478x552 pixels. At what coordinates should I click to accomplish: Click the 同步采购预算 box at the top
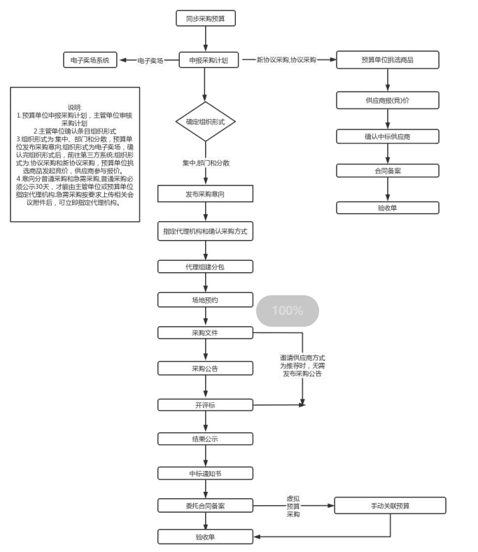pos(205,18)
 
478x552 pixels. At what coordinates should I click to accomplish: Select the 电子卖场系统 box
pos(90,60)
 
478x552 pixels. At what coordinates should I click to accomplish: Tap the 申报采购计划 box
pos(205,60)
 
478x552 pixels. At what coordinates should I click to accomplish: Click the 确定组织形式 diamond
pos(205,121)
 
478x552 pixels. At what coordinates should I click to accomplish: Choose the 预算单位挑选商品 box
pos(387,60)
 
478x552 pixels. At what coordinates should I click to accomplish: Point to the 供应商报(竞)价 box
pos(387,100)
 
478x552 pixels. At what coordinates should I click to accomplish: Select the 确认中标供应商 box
pos(387,136)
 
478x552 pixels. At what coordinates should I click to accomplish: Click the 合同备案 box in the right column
pos(387,171)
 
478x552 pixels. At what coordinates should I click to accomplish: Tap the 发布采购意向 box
pos(205,194)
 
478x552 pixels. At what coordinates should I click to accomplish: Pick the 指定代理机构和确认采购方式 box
pos(205,231)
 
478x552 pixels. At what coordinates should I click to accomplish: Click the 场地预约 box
pos(205,299)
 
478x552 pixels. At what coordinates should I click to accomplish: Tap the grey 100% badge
pos(287,311)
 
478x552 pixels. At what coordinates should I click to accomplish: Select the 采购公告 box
pos(205,368)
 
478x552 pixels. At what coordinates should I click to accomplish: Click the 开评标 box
pos(205,404)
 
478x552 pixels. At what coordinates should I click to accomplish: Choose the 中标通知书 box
pos(205,473)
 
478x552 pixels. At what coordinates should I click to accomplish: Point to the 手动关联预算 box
pos(390,505)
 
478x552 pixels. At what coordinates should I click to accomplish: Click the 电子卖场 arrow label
pos(150,61)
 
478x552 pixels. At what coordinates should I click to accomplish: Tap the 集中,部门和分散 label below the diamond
pos(206,163)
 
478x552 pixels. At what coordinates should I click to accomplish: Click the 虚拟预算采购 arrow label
pos(293,506)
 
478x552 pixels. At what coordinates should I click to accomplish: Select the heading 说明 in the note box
pos(75,106)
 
